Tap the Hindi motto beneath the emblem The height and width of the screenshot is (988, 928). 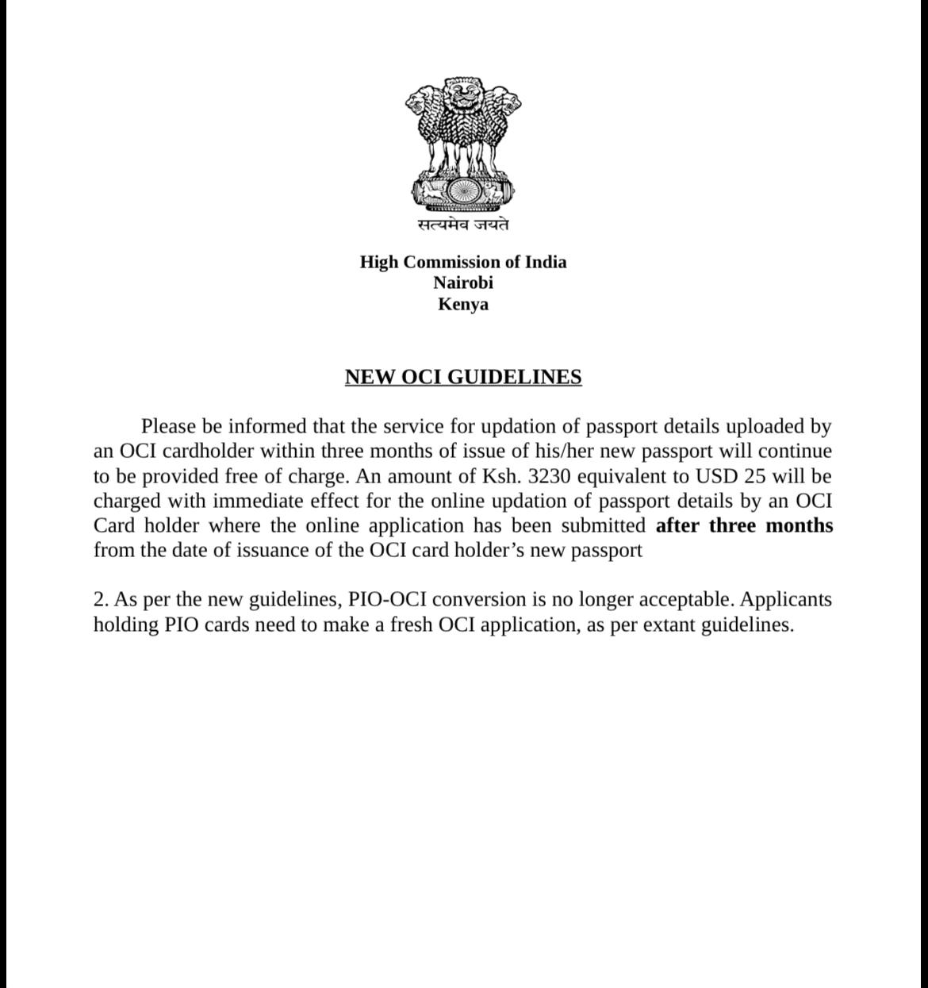(463, 225)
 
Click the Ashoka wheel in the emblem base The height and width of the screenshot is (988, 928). (463, 191)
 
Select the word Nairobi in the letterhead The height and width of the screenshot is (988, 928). (463, 283)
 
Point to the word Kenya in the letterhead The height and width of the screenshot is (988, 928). (463, 304)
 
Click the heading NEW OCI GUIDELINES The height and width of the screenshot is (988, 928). (463, 377)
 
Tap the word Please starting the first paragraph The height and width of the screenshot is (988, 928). (169, 427)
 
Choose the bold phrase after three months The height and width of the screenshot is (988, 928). (744, 525)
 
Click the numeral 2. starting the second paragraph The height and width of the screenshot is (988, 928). (101, 599)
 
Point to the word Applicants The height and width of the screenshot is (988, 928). (786, 599)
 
